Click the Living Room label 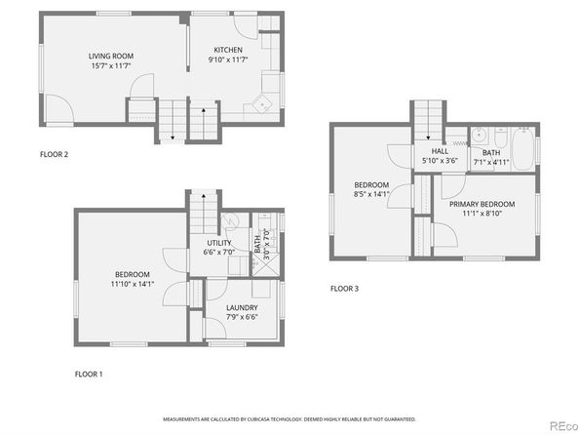(x=111, y=57)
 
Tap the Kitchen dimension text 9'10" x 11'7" (x=228, y=59)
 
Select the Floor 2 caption (x=54, y=154)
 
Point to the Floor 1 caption (x=89, y=375)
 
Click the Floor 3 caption (x=344, y=289)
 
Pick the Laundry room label (x=242, y=307)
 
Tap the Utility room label (x=219, y=243)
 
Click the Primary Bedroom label (x=482, y=204)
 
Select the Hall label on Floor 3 (x=440, y=151)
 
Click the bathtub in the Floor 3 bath (x=523, y=149)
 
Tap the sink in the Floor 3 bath (x=480, y=136)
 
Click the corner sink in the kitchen (x=262, y=103)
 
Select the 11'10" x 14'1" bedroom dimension (x=133, y=284)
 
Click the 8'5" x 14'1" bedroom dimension (x=371, y=194)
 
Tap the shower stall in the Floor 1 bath (x=266, y=264)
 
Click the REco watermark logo (x=563, y=426)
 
